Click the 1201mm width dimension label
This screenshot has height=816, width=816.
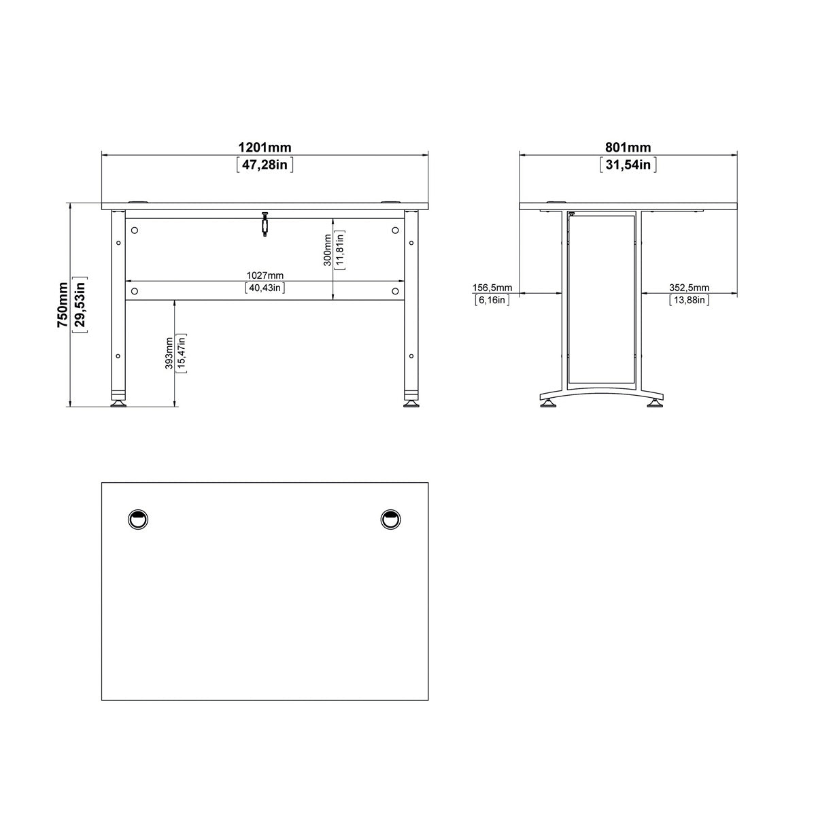pos(265,148)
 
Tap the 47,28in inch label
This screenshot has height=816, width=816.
pos(265,165)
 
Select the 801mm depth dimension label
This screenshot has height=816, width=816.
pos(628,148)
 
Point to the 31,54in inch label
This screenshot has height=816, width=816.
pos(628,165)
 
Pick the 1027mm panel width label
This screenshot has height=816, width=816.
pos(265,275)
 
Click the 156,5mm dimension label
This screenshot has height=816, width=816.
pos(492,288)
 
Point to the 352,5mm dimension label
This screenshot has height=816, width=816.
pos(690,288)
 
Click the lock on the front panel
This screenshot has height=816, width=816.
pos(265,224)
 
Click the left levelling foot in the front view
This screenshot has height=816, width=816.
pos(118,403)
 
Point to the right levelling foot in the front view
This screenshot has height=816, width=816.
pos(411,403)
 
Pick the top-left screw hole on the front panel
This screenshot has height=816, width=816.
pos(134,230)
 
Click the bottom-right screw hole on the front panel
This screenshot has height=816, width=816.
pos(395,291)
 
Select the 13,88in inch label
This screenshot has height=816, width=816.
pos(690,300)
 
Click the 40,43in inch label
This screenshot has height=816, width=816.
pos(265,288)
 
